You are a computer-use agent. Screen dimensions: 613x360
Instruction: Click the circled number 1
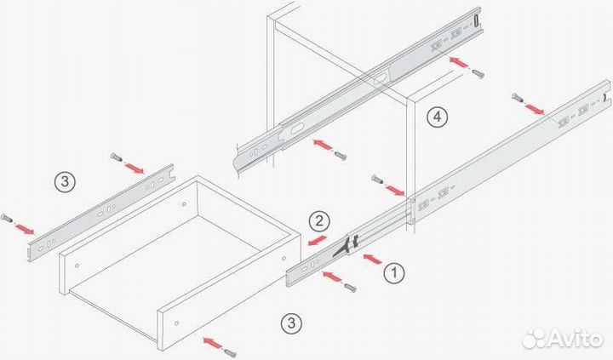tap(393, 272)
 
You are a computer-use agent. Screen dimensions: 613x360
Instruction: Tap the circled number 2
tap(319, 221)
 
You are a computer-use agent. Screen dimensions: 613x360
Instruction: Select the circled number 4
tap(437, 117)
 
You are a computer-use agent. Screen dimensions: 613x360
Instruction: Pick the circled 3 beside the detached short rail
tap(65, 182)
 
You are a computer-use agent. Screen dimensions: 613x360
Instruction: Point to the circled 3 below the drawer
tap(291, 323)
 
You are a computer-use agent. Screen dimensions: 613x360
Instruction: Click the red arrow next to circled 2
tap(317, 240)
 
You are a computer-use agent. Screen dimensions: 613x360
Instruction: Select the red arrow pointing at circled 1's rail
tap(372, 260)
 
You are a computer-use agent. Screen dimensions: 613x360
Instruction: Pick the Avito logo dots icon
tap(534, 339)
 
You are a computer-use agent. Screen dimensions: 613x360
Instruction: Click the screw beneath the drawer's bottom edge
tap(230, 352)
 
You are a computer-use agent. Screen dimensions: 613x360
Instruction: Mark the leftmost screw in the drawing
tap(7, 219)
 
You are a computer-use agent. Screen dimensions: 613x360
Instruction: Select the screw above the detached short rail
tap(116, 157)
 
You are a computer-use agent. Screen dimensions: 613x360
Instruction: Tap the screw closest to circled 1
tap(350, 288)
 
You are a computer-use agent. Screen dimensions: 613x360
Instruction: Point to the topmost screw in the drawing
tap(478, 73)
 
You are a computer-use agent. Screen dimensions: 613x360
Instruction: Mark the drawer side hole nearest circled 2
tap(284, 259)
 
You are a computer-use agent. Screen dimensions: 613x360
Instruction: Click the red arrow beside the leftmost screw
tap(24, 229)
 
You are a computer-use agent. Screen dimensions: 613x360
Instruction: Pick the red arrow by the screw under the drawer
tap(213, 343)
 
